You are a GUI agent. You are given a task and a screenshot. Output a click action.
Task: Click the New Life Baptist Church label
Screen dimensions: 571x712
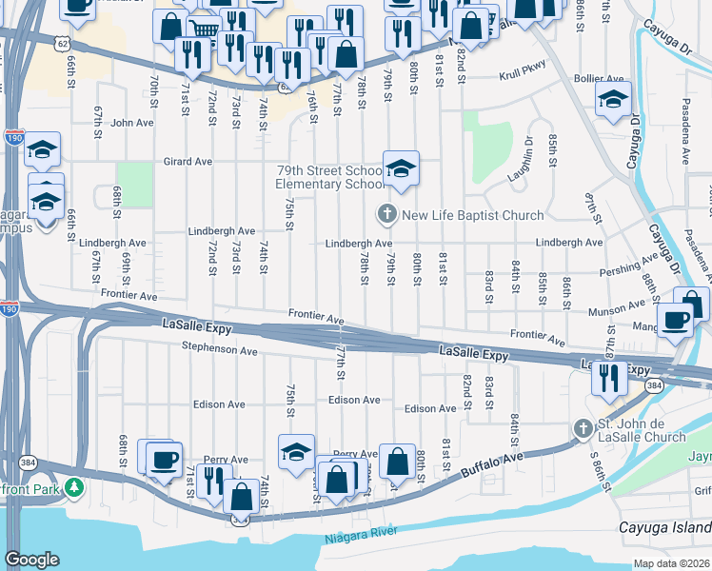472,215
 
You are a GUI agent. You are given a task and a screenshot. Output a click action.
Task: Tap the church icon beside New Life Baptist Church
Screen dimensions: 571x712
387,213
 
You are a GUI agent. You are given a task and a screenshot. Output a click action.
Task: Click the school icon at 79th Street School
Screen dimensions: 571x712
401,167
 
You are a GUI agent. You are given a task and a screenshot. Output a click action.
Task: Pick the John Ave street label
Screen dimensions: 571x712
131,123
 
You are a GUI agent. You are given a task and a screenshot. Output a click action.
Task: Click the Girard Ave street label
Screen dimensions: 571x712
187,162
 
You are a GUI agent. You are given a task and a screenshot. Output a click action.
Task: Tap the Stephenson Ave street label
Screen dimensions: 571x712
221,351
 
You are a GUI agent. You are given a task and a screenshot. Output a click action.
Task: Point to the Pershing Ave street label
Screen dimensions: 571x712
628,266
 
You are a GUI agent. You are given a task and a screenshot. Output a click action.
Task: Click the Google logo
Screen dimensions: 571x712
31,560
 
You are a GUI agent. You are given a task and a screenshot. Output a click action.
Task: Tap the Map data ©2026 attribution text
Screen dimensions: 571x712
672,563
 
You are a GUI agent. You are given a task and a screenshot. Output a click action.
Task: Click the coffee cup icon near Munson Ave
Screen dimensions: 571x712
676,321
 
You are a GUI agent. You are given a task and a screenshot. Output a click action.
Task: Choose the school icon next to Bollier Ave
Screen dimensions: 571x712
613,99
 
